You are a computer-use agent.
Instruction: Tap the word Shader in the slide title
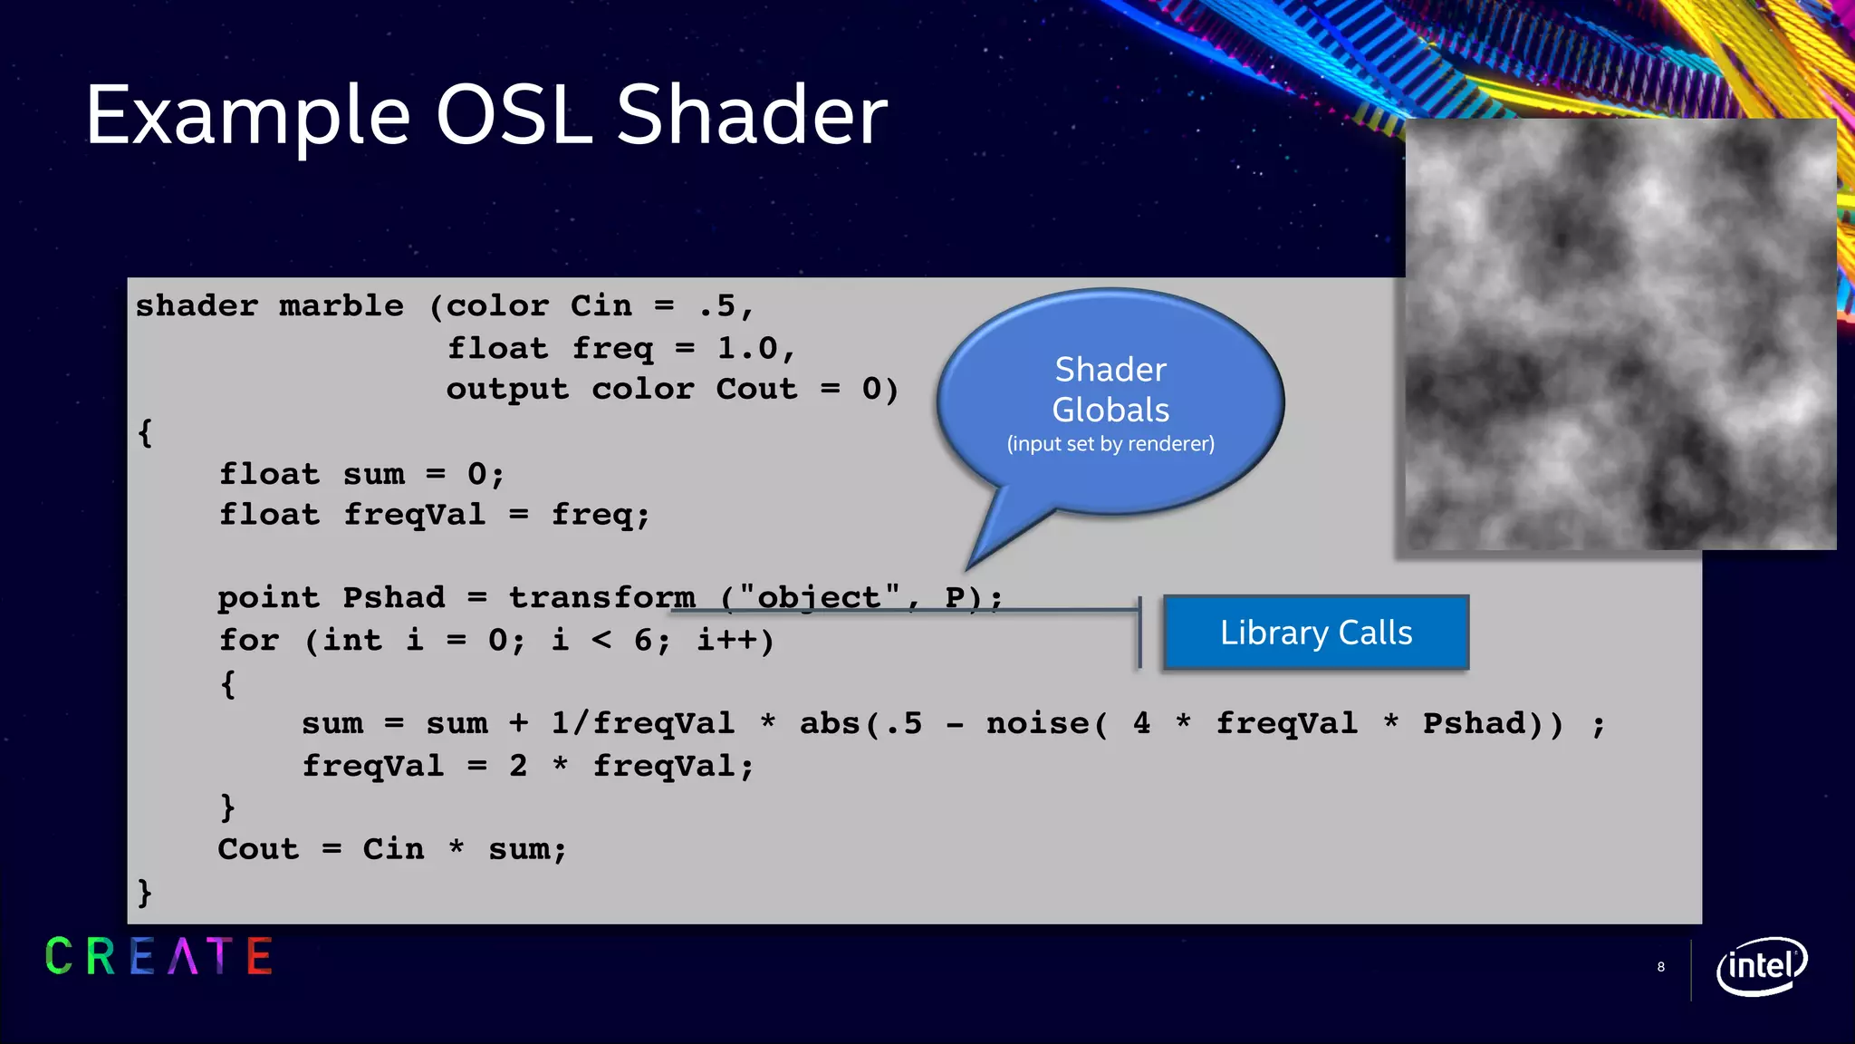click(x=752, y=116)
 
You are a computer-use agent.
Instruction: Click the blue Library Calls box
click(x=1315, y=633)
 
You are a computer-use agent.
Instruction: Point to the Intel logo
click(x=1761, y=966)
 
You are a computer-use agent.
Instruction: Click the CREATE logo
click(x=159, y=957)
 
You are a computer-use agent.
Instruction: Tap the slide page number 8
click(x=1660, y=967)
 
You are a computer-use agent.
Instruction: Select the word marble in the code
click(x=341, y=306)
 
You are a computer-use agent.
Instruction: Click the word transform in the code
click(x=601, y=598)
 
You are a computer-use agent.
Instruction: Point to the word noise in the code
click(x=1038, y=724)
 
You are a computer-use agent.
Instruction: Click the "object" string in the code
click(x=819, y=598)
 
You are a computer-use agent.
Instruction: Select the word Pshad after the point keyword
click(x=394, y=598)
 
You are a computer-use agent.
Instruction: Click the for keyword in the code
click(x=248, y=641)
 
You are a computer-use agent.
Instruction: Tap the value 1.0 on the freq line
click(x=747, y=349)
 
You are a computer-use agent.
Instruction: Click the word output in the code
click(x=507, y=390)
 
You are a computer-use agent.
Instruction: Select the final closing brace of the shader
click(x=144, y=893)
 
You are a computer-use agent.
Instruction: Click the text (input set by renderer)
click(x=1110, y=444)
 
